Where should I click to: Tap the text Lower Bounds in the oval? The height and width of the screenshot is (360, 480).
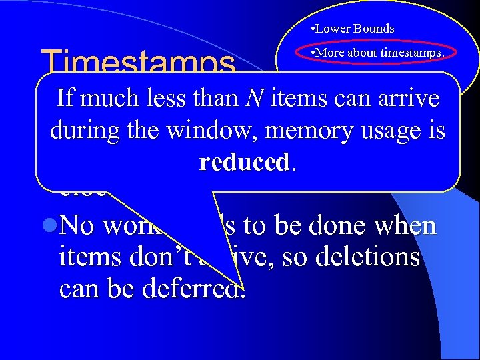pos(354,29)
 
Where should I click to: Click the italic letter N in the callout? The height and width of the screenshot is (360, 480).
pos(253,99)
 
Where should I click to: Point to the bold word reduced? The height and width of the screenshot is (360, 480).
pos(244,163)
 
